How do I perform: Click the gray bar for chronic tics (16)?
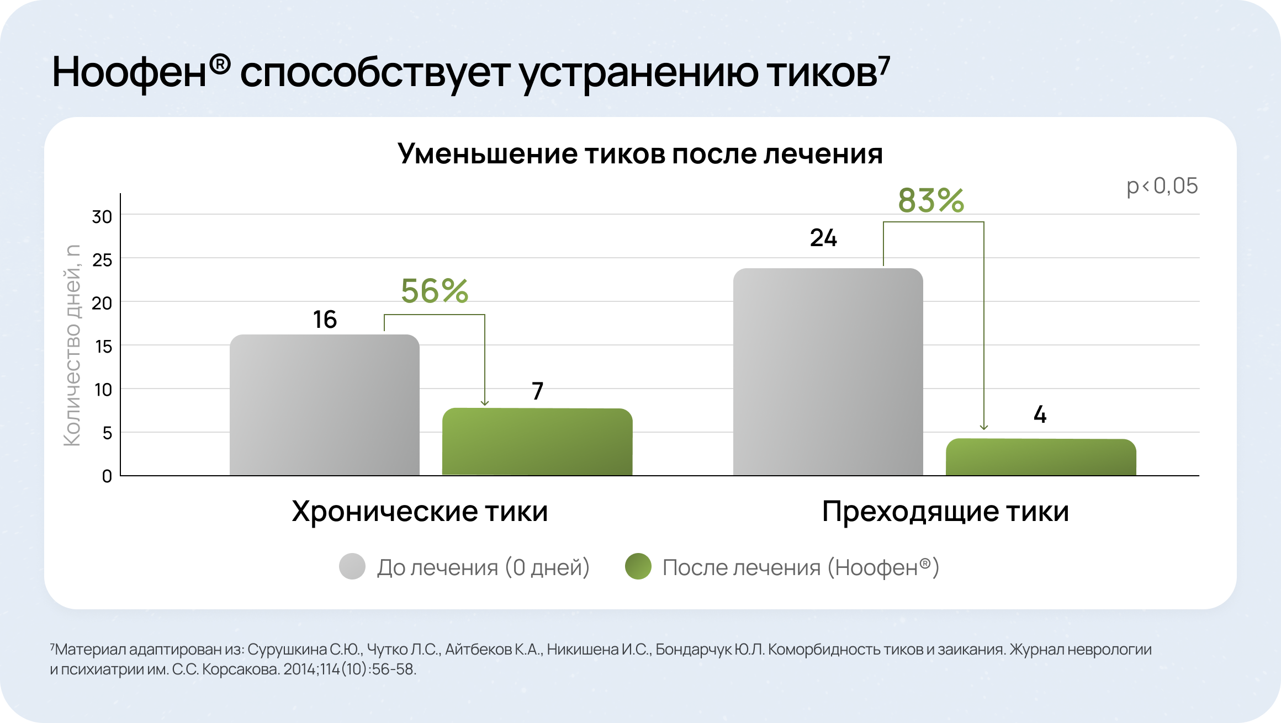pos(325,405)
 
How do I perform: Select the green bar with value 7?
pos(537,442)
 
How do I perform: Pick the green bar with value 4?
pos(1041,457)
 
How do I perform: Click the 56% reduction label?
pos(435,291)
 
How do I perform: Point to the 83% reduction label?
pos(931,200)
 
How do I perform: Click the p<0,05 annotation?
pos(1162,186)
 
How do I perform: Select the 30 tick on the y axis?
pos(102,217)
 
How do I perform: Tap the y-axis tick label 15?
pos(103,347)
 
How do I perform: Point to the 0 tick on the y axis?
pos(107,476)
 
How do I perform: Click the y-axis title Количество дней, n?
pos(72,345)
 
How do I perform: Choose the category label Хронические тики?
pos(420,511)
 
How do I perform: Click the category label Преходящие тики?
pos(945,511)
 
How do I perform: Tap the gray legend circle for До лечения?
pos(352,566)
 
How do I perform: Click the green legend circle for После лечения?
pos(638,566)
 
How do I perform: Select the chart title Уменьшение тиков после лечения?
pos(640,153)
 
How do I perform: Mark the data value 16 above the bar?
pos(325,320)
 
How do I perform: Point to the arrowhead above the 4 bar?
pos(983,427)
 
